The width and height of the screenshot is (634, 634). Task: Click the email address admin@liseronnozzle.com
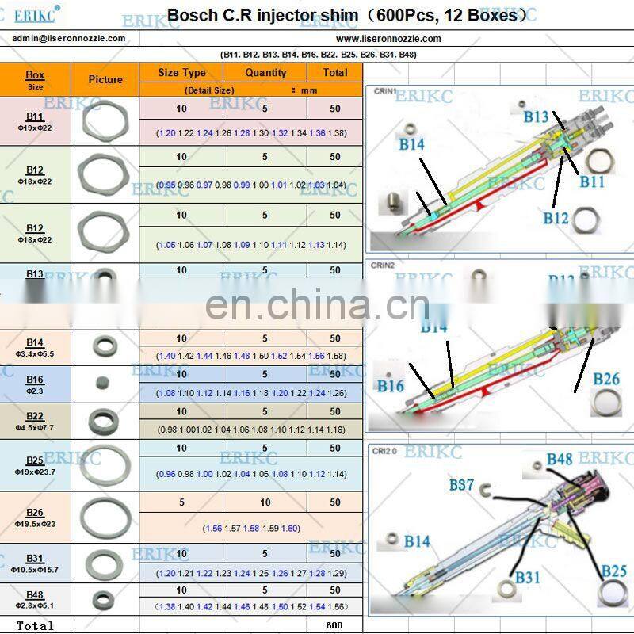[x=69, y=38]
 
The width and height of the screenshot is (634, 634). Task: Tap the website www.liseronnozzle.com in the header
[x=388, y=38]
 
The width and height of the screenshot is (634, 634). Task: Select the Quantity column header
[x=265, y=72]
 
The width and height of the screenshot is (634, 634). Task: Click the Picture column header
[x=105, y=79]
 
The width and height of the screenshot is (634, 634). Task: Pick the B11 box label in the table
[x=35, y=116]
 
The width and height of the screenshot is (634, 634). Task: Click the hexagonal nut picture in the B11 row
[x=103, y=121]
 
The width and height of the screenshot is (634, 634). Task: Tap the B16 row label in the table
[x=35, y=380]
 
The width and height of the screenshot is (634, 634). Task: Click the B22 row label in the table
[x=35, y=416]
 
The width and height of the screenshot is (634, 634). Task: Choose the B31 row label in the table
[x=35, y=558]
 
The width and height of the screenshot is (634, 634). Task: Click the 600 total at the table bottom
[x=334, y=625]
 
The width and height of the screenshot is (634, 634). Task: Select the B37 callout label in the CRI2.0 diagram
[x=461, y=484]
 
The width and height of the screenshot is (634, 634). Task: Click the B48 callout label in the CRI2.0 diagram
[x=559, y=460]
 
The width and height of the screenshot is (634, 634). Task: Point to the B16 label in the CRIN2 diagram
[x=390, y=386]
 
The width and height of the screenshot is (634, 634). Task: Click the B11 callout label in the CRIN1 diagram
[x=591, y=181]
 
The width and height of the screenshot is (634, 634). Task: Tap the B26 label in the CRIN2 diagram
[x=606, y=379]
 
